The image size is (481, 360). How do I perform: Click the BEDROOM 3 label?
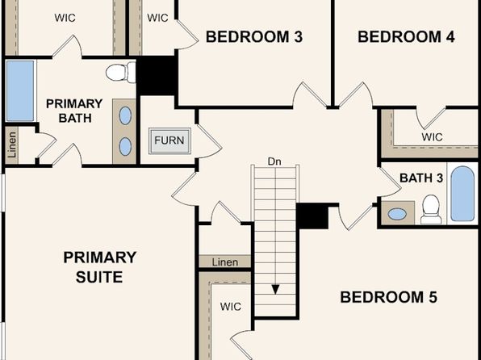254,37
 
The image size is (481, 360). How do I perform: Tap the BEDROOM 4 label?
406,37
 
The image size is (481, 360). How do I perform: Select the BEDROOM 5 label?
389,297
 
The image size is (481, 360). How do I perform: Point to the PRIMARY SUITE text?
100,267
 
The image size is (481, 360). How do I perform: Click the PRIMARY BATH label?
74,111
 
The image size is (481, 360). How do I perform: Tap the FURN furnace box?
169,140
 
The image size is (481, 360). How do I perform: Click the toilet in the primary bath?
120,72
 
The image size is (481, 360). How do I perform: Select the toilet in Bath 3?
431,209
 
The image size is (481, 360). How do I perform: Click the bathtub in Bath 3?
462,194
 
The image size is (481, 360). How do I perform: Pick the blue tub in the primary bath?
20,90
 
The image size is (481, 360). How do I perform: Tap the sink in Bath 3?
397,214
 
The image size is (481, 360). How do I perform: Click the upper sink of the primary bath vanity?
125,115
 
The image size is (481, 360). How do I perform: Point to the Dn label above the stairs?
274,161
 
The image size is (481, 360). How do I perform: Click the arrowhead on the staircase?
275,290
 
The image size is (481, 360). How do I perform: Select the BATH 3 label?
421,178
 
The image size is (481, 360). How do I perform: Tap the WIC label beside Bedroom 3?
157,18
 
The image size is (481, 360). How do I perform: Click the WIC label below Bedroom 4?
432,137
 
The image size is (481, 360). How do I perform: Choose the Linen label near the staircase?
225,262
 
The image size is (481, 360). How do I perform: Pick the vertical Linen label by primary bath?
12,144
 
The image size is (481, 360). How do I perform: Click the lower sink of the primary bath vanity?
125,146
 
